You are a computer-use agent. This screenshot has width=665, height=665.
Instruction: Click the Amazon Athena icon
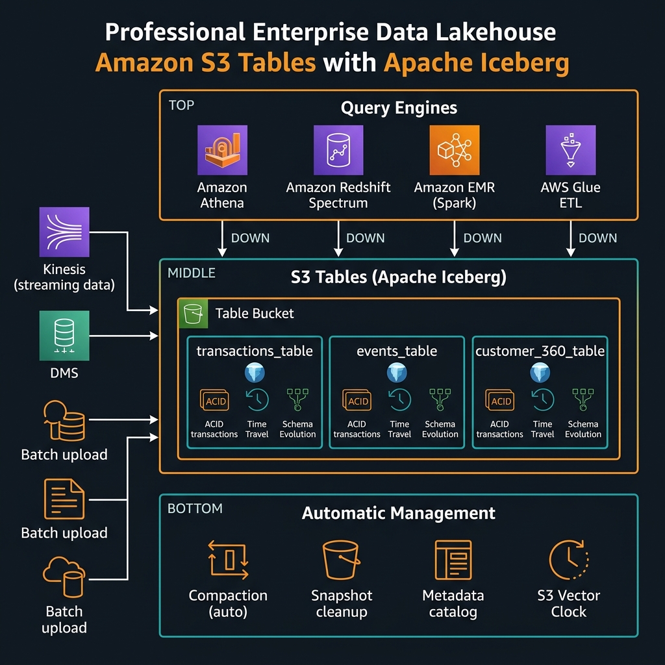coord(222,150)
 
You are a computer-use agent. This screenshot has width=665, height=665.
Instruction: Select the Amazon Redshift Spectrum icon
coord(338,150)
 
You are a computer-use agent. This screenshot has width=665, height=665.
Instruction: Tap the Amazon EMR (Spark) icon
coord(454,150)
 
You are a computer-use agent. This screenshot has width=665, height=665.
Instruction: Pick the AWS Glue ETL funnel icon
coord(570,150)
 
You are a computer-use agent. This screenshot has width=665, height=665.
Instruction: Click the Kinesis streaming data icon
coord(64,232)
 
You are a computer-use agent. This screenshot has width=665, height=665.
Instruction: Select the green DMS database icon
coord(64,335)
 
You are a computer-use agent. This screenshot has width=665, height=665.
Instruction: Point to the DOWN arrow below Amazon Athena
coord(223,238)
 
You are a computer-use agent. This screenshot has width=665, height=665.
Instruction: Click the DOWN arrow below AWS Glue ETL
coord(570,238)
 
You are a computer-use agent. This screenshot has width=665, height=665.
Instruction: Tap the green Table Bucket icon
coord(193,314)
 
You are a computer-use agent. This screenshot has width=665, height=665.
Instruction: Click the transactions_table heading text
coord(255,351)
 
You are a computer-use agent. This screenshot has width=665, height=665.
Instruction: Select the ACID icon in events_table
coord(358,401)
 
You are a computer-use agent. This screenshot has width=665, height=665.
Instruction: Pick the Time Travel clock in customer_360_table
coord(542,400)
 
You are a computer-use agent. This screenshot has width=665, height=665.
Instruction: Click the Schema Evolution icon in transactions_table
coord(297,400)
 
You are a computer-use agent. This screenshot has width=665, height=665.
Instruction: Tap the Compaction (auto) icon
coord(228,559)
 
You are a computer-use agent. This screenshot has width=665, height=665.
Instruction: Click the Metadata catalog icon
coord(453,559)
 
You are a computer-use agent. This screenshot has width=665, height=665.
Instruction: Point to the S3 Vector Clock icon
coord(568,559)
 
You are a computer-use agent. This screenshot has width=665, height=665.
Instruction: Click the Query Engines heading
coord(399,108)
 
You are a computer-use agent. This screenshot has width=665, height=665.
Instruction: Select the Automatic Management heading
coord(399,513)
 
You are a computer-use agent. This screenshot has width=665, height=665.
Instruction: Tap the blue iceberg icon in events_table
coord(397,373)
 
